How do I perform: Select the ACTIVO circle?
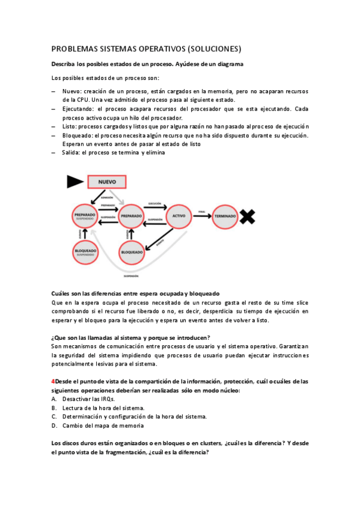coord(178,215)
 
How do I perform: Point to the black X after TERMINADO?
coord(247,215)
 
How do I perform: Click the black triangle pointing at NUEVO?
coord(75,180)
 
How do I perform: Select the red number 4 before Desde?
coord(53,381)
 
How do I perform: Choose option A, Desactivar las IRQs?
coord(88,399)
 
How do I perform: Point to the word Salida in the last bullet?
coord(70,153)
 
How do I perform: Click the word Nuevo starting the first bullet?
coord(72,91)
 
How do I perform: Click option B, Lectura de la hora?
coord(96,408)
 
